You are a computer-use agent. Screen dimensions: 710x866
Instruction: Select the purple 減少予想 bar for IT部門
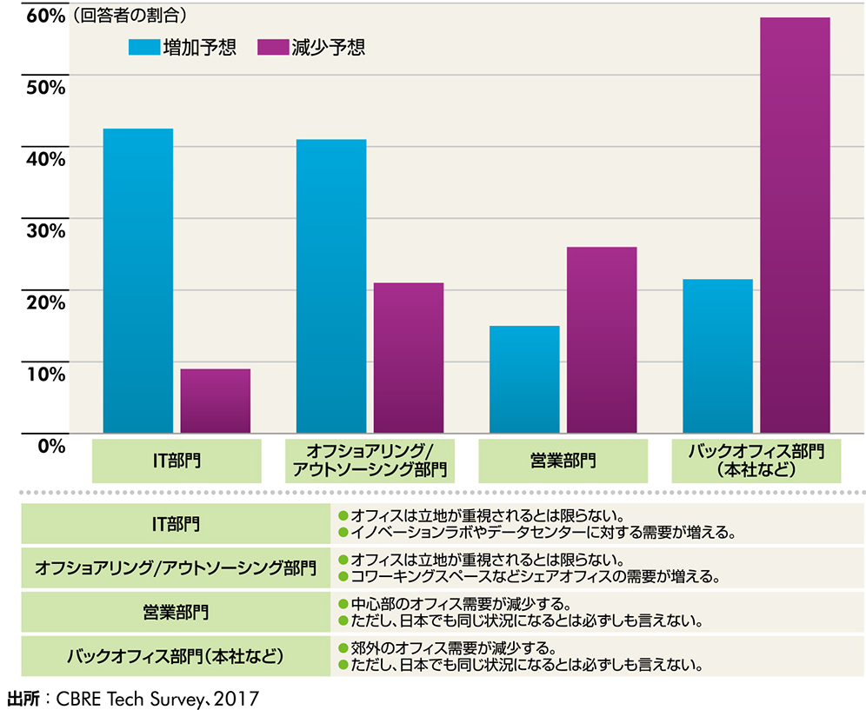[x=216, y=401]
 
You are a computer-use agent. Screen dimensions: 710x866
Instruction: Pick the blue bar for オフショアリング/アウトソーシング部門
[x=331, y=286]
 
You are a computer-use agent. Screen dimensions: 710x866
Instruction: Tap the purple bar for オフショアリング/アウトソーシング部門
[x=409, y=358]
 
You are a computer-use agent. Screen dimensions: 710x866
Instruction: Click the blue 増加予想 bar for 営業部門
[x=524, y=380]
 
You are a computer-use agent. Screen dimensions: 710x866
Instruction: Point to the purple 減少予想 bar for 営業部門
[x=602, y=340]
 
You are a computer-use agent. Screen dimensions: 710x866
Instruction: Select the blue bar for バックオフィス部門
[x=718, y=356]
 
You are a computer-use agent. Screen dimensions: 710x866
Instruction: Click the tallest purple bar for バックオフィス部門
[x=796, y=225]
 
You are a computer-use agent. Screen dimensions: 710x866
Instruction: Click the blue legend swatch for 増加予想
[x=143, y=47]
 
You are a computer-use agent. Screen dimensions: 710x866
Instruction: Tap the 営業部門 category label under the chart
[x=563, y=461]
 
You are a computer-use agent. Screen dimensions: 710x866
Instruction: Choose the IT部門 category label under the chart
[x=177, y=461]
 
